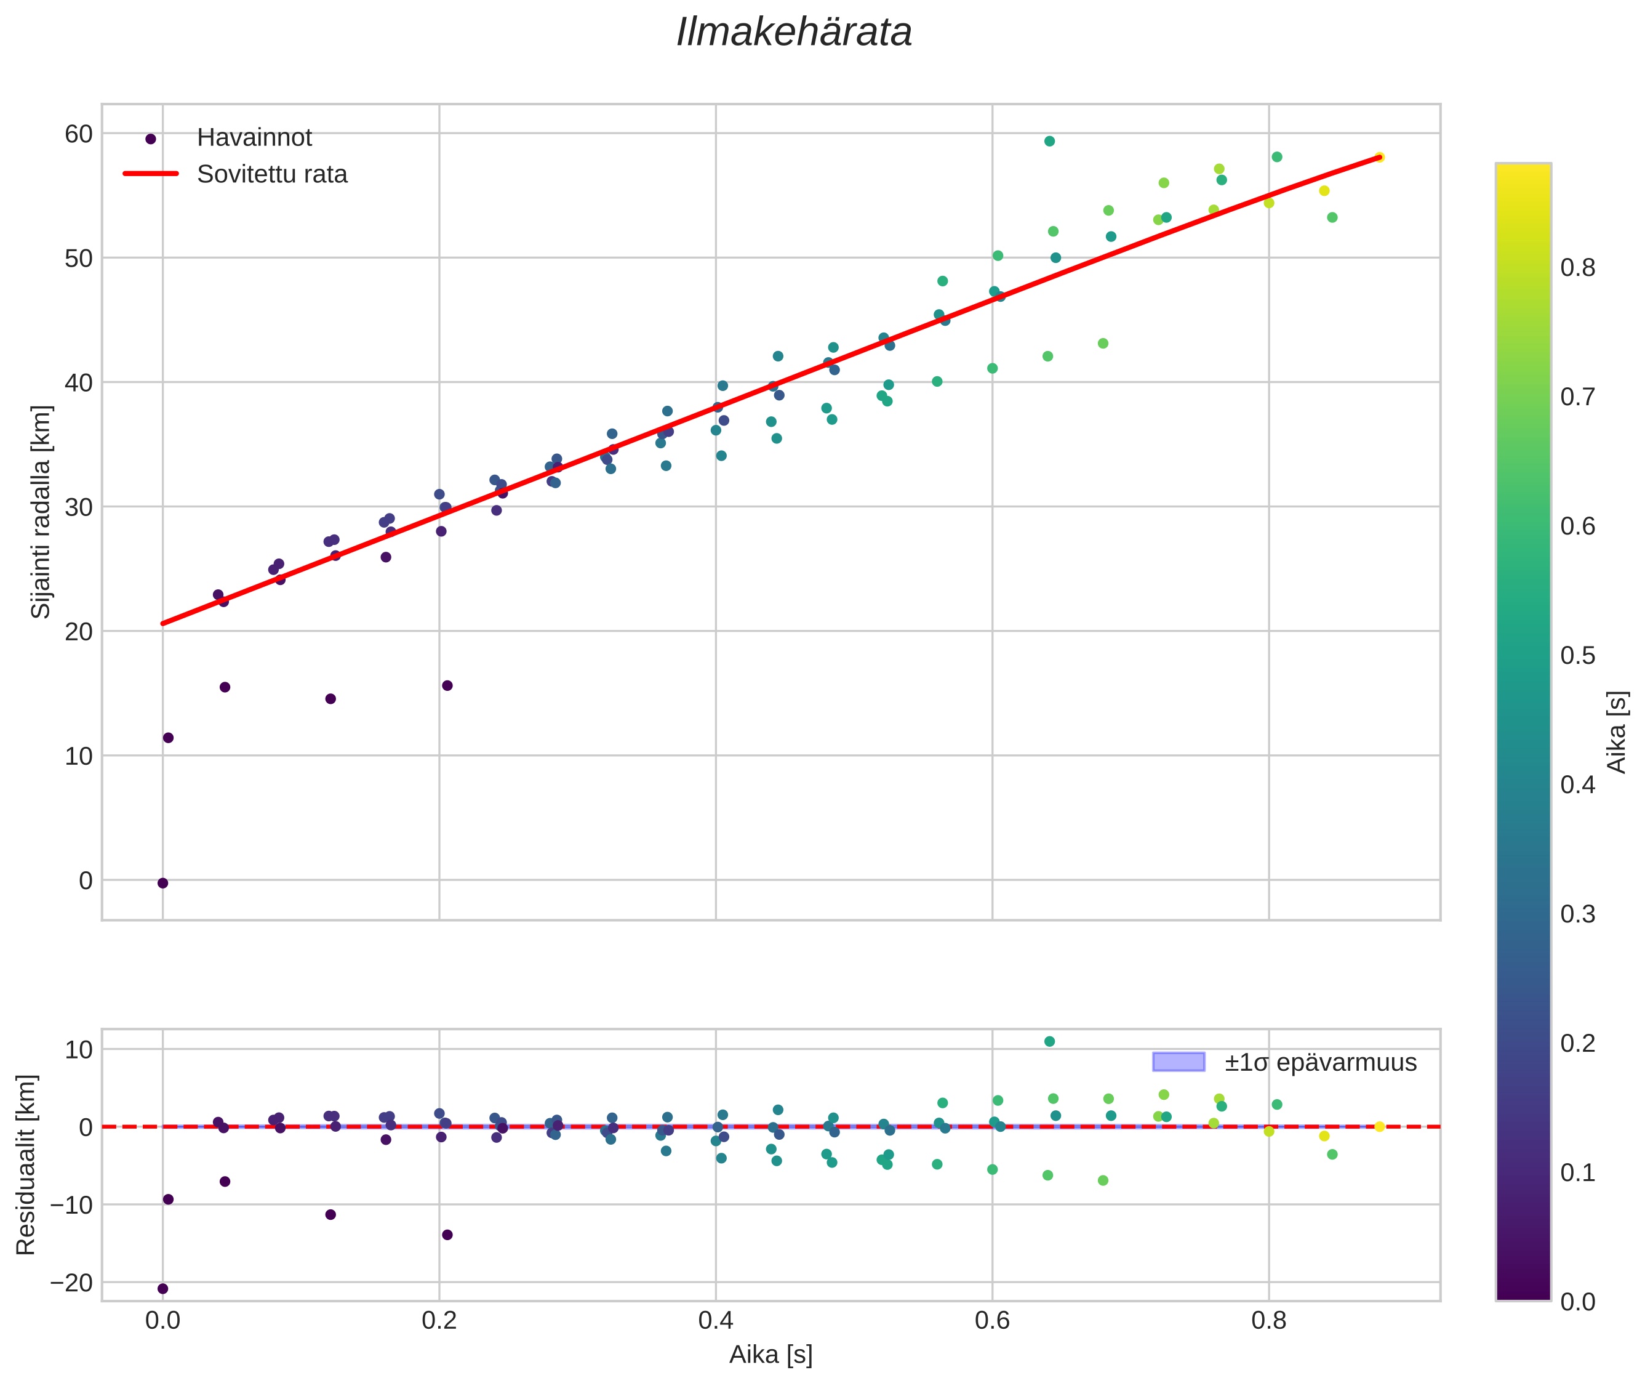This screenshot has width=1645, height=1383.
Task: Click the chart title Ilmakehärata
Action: pos(793,33)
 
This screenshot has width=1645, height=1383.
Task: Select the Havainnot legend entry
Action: pos(254,138)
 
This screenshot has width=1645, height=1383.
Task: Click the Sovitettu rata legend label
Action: pos(272,174)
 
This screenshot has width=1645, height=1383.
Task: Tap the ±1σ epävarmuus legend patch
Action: pos(1178,1062)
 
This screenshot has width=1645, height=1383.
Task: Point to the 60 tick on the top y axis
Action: pos(78,134)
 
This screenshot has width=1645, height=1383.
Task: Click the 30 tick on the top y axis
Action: pos(78,507)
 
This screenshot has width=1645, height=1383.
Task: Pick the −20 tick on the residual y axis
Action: pos(71,1283)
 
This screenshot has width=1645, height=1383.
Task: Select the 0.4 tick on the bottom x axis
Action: pos(716,1321)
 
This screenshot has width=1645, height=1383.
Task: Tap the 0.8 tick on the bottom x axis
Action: pos(1269,1321)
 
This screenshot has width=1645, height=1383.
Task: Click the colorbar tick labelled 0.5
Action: pos(1577,655)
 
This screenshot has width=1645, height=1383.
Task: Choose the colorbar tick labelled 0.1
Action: pos(1577,1173)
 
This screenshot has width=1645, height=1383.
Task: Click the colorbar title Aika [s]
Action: pos(1616,732)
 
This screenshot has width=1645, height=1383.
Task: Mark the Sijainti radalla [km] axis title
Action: pos(41,511)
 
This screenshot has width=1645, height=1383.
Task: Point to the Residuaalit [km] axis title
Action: pos(26,1165)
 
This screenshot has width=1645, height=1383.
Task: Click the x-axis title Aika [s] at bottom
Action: pos(770,1355)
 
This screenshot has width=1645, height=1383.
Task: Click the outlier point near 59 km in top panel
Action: pos(1049,141)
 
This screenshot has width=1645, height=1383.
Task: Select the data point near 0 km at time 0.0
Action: pos(163,883)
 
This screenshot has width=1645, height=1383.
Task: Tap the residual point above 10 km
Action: pos(1049,1041)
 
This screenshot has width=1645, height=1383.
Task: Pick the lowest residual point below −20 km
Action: pos(163,1289)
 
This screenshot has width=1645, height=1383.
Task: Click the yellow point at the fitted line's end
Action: pos(1379,158)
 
